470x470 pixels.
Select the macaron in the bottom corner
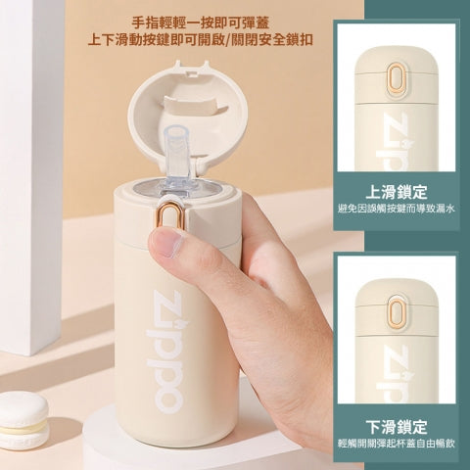(23, 420)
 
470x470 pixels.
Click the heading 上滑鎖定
(397, 192)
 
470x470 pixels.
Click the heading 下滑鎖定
(397, 427)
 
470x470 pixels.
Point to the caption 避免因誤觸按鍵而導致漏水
(397, 209)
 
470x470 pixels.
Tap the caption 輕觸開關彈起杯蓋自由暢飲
(397, 444)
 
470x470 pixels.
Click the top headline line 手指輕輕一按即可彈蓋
(201, 23)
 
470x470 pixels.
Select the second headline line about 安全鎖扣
(201, 40)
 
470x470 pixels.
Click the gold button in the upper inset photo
(398, 79)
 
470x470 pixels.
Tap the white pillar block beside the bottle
(31, 176)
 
